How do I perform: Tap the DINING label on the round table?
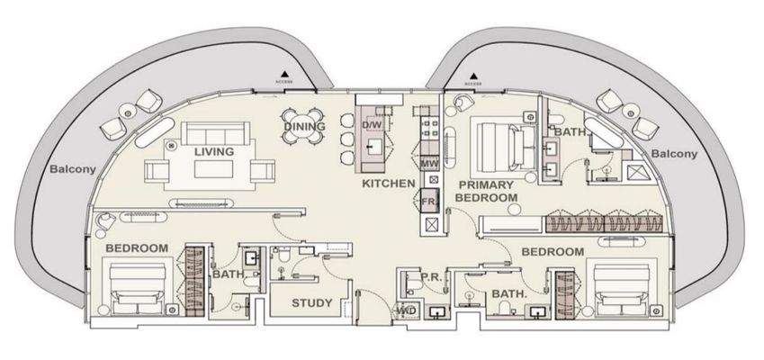(302, 127)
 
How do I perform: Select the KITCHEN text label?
(388, 184)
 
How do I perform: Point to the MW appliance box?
(429, 165)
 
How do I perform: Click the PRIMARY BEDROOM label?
(486, 190)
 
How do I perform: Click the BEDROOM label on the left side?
(138, 247)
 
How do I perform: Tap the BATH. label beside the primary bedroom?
(571, 131)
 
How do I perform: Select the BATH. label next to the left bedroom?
(226, 276)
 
